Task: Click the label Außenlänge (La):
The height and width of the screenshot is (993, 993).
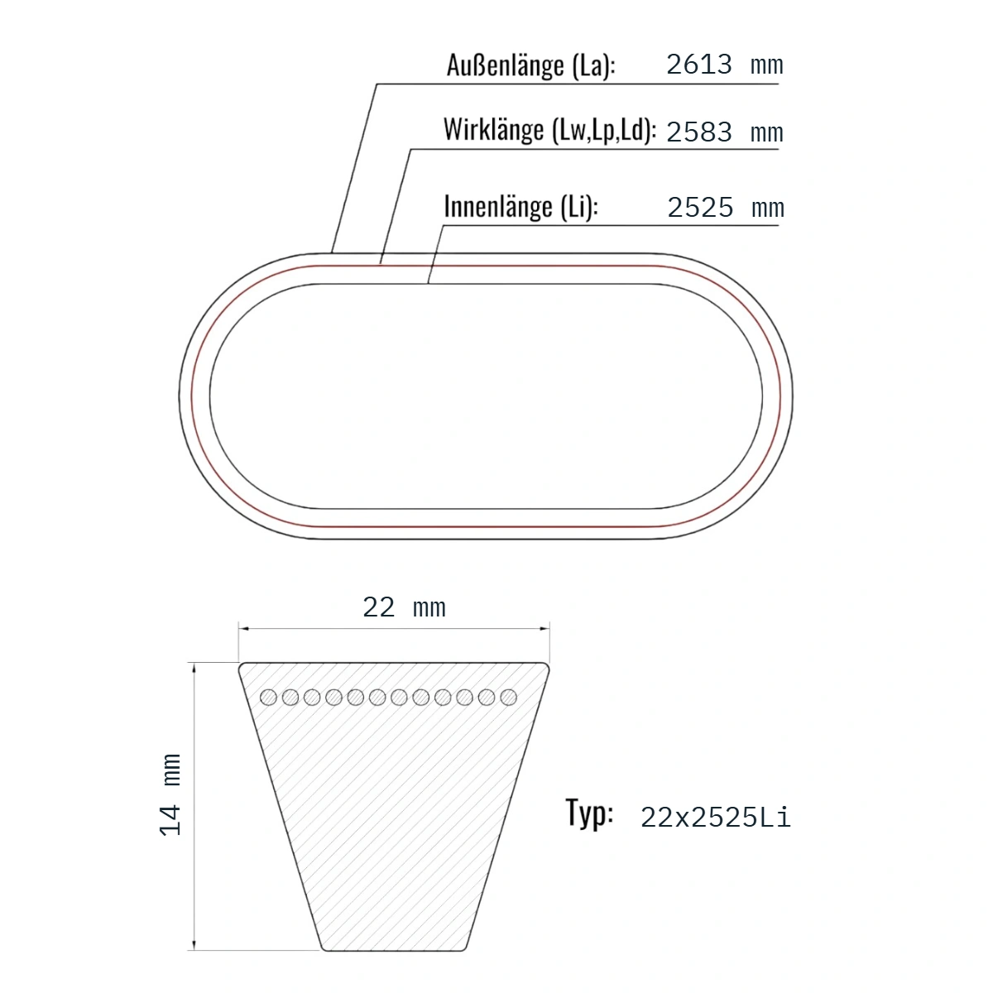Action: click(x=530, y=66)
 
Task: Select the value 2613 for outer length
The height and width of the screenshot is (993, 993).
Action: click(x=698, y=65)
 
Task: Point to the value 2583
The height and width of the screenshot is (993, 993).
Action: click(x=698, y=132)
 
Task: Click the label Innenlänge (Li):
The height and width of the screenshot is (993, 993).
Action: click(x=521, y=207)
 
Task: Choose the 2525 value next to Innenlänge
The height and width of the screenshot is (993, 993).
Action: click(x=700, y=208)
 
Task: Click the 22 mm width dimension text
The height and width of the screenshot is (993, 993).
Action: click(x=404, y=607)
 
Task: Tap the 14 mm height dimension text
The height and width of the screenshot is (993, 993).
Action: click(x=170, y=794)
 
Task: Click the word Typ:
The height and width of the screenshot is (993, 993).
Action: click(x=589, y=813)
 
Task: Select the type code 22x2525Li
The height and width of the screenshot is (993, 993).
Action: click(x=715, y=818)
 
